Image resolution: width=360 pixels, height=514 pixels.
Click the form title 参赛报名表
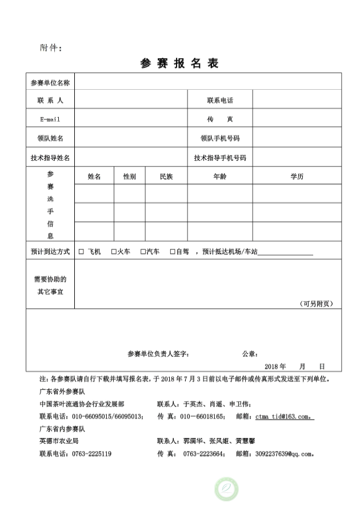click(x=179, y=63)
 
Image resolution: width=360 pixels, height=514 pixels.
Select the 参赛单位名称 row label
click(x=50, y=82)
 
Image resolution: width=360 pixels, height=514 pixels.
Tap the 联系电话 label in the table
click(x=220, y=101)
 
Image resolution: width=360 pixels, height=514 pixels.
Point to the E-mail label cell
click(x=50, y=119)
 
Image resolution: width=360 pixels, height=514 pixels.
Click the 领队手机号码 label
click(x=220, y=138)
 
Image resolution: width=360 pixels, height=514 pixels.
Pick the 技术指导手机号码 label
click(x=220, y=158)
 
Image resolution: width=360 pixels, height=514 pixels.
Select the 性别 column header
click(x=130, y=177)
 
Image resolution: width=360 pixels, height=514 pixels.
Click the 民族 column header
click(x=166, y=177)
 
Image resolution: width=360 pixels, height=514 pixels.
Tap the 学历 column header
click(x=297, y=177)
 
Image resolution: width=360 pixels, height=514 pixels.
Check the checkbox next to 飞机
click(x=81, y=252)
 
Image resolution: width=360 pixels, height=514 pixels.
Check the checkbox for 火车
click(x=114, y=252)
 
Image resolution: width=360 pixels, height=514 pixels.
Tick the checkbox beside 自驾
click(x=173, y=252)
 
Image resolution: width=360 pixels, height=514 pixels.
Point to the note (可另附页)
click(x=316, y=304)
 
